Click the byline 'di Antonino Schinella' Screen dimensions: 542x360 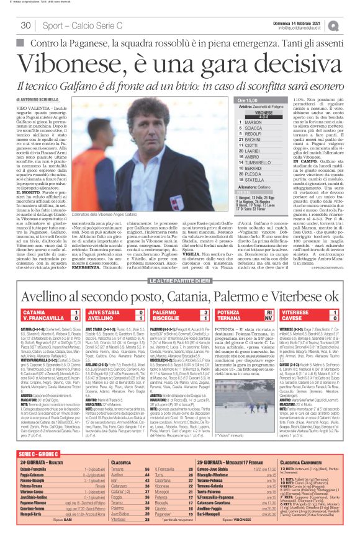44,99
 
